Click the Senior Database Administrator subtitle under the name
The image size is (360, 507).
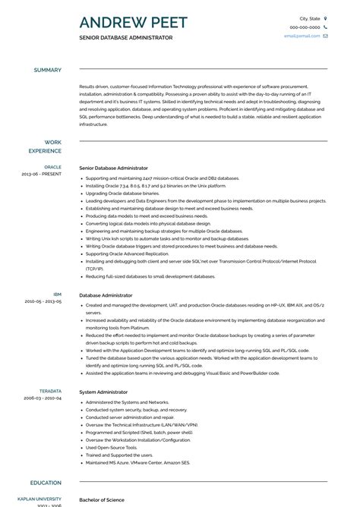[x=125, y=37]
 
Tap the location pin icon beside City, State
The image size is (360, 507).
[x=325, y=17]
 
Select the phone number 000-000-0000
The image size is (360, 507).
[x=304, y=27]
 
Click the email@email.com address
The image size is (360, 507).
[x=303, y=36]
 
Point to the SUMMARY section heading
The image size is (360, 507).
[x=47, y=70]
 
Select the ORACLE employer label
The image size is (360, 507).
[x=52, y=166]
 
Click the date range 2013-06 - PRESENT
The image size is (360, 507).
[x=42, y=174]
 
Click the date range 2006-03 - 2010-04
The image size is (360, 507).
[x=43, y=398]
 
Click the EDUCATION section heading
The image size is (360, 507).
[x=46, y=483]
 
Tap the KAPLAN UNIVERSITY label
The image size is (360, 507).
[x=40, y=500]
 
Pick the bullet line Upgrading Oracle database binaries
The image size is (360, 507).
[x=122, y=194]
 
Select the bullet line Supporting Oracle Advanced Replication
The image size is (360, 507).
[x=127, y=253]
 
